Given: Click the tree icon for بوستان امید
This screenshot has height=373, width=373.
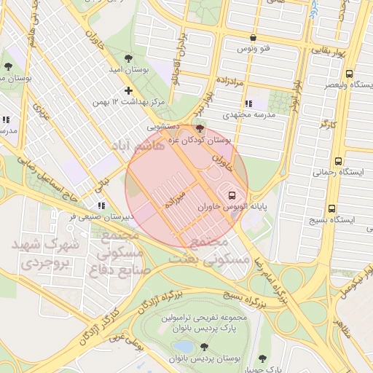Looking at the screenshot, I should tap(128, 58).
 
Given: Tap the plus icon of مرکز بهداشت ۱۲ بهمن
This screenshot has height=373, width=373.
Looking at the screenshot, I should tap(129, 91).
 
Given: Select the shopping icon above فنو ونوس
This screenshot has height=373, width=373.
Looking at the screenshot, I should tap(253, 37).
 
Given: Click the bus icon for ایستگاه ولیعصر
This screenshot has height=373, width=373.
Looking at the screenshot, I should tap(350, 74).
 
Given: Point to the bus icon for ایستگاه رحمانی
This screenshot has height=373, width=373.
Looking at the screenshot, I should tap(337, 161).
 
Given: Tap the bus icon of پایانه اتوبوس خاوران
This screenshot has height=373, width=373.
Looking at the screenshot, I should tap(232, 195).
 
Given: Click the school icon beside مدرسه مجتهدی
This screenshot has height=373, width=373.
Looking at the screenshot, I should tap(250, 103).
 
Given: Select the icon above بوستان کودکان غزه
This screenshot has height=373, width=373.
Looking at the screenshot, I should tap(200, 129).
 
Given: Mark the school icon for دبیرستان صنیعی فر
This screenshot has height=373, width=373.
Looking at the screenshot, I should tap(101, 206).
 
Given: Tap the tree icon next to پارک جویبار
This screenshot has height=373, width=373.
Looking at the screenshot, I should tap(262, 358).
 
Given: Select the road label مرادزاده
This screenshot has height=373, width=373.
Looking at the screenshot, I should tap(233, 78).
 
